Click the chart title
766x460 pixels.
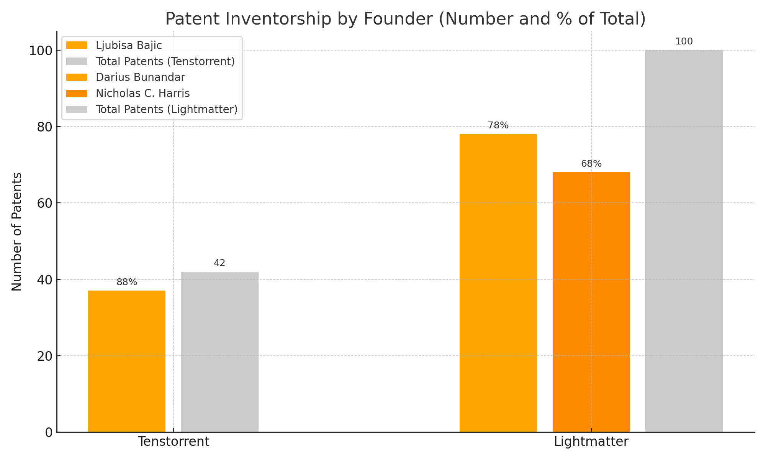coord(405,19)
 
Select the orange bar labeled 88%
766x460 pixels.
coord(127,361)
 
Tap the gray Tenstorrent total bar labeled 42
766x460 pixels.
coord(220,352)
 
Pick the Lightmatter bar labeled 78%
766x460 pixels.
coord(498,283)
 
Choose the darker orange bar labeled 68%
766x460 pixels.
coord(591,302)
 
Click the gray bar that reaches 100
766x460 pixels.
coord(684,241)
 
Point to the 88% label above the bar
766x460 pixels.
coord(127,282)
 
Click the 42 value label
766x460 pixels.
coord(219,263)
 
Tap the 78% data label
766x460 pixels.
coord(498,125)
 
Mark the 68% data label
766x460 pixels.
coord(591,164)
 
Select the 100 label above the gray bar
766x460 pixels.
coord(684,42)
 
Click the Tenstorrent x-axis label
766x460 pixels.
coord(173,442)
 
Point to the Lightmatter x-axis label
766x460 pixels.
coord(591,442)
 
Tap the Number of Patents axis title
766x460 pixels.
coord(17,232)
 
